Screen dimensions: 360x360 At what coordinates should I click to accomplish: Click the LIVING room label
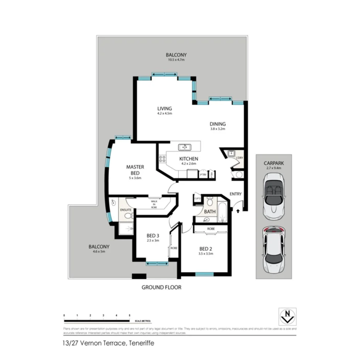(x=164, y=109)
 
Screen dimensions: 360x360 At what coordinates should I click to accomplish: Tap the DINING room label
(x=217, y=124)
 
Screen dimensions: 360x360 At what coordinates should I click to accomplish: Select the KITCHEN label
(x=188, y=159)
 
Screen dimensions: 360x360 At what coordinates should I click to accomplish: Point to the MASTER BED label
(x=135, y=170)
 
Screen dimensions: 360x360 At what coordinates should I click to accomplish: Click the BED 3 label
(x=153, y=236)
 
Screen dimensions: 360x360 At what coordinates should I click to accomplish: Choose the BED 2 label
(x=206, y=249)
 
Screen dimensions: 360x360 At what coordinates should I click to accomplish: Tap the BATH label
(x=210, y=212)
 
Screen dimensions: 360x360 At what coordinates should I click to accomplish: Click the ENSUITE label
(x=126, y=210)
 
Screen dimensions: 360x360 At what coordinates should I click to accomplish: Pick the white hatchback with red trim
(x=273, y=249)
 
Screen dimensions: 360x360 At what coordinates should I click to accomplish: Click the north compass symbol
(x=287, y=316)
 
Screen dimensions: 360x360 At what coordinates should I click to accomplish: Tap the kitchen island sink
(x=185, y=147)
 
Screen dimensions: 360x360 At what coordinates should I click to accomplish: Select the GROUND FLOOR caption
(x=161, y=287)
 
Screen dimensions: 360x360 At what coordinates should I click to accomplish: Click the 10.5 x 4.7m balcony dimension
(x=176, y=60)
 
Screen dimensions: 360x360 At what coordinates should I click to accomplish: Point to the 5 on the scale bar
(x=129, y=316)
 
